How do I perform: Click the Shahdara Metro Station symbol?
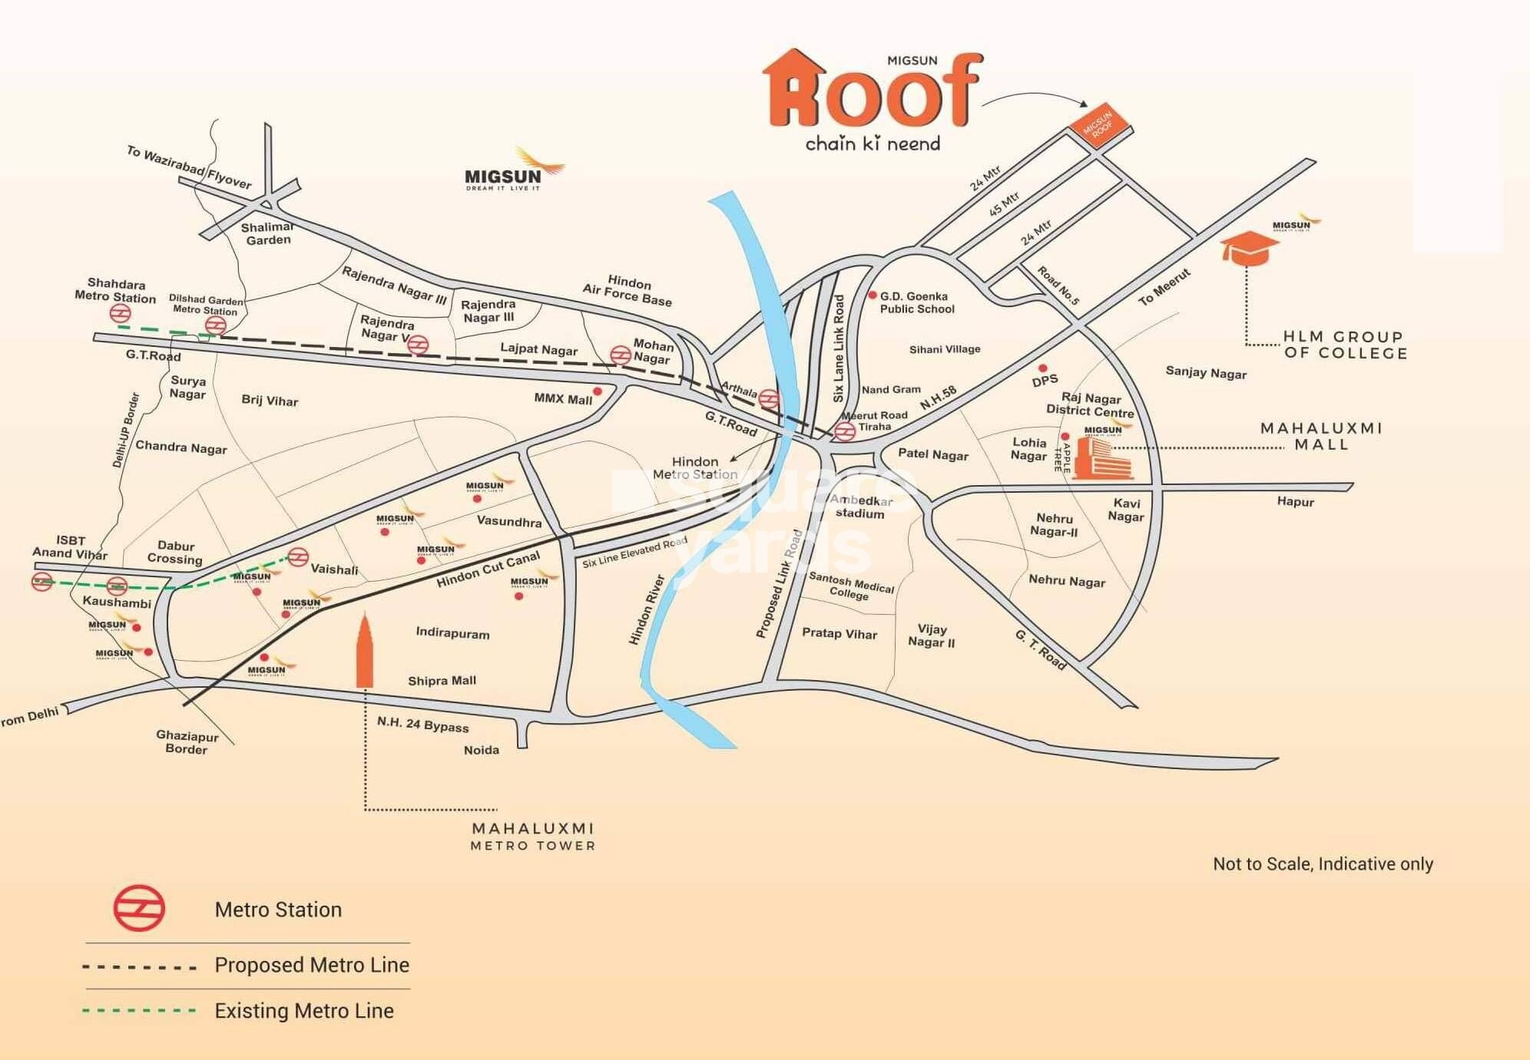[120, 313]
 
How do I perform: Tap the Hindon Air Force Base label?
[628, 291]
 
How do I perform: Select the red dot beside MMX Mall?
[598, 391]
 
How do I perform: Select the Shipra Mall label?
[442, 681]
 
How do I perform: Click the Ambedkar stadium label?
[860, 507]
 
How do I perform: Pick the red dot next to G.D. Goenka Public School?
[873, 295]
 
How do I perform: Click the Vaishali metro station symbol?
[298, 556]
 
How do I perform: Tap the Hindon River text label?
[646, 609]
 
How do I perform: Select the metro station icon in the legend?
[139, 909]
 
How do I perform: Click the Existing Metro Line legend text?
[304, 1011]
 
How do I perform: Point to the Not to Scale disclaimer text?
[1322, 864]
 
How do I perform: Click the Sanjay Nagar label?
[1206, 372]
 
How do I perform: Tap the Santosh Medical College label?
[851, 586]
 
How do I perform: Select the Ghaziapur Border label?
[187, 742]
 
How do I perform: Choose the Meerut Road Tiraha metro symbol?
[845, 431]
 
